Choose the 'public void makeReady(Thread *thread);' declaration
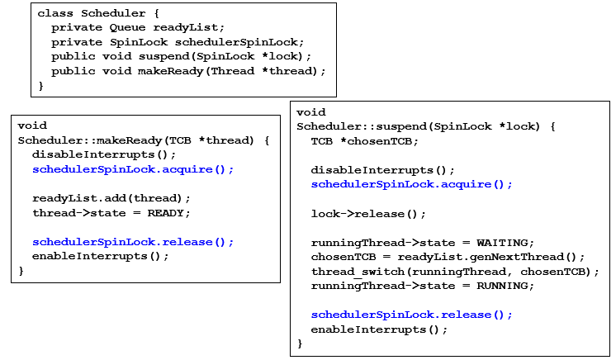click(188, 71)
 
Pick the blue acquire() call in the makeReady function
click(133, 169)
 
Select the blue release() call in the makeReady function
click(133, 242)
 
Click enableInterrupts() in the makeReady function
click(101, 256)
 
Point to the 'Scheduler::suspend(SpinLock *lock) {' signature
click(426, 126)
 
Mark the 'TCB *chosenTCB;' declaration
click(359, 141)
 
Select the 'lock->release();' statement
click(368, 214)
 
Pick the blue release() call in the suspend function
click(411, 315)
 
